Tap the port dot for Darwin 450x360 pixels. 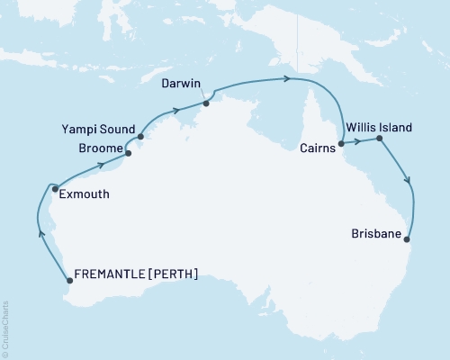206,103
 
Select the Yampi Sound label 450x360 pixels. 103,128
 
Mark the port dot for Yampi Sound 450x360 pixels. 140,139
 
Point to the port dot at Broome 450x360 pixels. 129,154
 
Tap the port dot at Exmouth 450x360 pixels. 56,189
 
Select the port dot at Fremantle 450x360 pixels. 70,281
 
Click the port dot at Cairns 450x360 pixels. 340,143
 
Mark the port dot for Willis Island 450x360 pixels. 379,139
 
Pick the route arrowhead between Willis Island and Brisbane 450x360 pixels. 409,180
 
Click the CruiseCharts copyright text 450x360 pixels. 6,328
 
